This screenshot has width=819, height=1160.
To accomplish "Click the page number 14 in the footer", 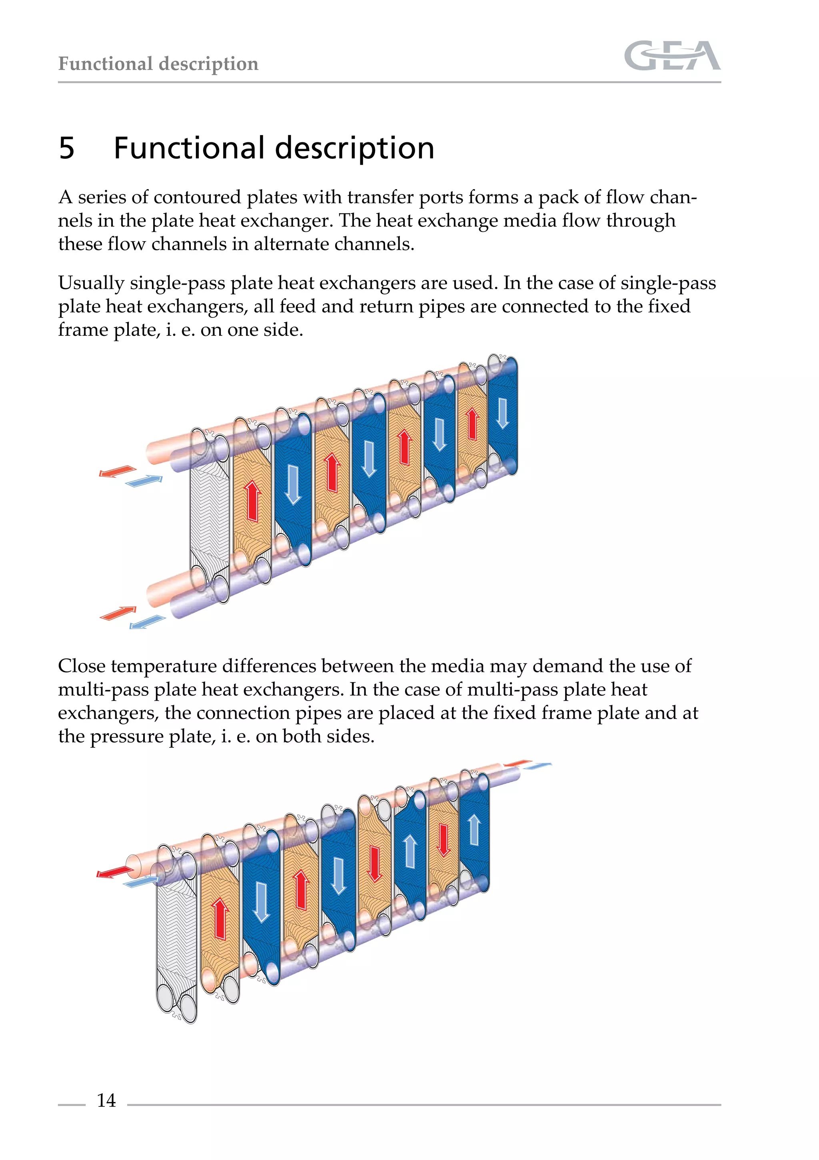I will pyautogui.click(x=106, y=1100).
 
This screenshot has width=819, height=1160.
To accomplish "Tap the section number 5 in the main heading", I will pyautogui.click(x=67, y=148).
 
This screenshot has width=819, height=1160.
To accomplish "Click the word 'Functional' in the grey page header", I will pyautogui.click(x=105, y=64).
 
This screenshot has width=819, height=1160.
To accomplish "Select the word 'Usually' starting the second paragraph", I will pyautogui.click(x=91, y=284).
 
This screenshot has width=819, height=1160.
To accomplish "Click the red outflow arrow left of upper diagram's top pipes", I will pyautogui.click(x=117, y=472).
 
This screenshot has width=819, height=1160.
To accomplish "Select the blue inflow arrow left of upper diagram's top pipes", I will pyautogui.click(x=144, y=481).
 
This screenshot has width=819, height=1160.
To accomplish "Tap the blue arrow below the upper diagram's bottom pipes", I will pyautogui.click(x=147, y=622).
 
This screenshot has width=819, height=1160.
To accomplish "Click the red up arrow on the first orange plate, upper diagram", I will pyautogui.click(x=252, y=501).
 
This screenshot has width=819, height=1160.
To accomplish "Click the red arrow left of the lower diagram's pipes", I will pyautogui.click(x=115, y=872).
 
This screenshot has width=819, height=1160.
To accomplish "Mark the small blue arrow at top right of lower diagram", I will pyautogui.click(x=537, y=766).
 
